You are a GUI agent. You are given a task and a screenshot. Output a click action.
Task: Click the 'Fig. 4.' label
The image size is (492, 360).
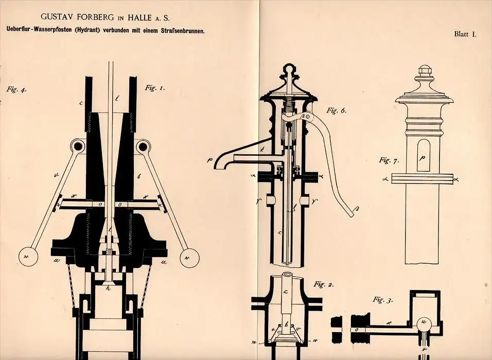coord(16,89)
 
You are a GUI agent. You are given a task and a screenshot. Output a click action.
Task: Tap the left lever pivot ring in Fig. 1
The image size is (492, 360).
coord(78,147)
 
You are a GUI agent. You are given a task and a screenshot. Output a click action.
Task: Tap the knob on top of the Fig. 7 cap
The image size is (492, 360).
coord(424,70)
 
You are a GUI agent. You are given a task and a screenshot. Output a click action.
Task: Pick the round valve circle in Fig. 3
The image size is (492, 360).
coord(425,322)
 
